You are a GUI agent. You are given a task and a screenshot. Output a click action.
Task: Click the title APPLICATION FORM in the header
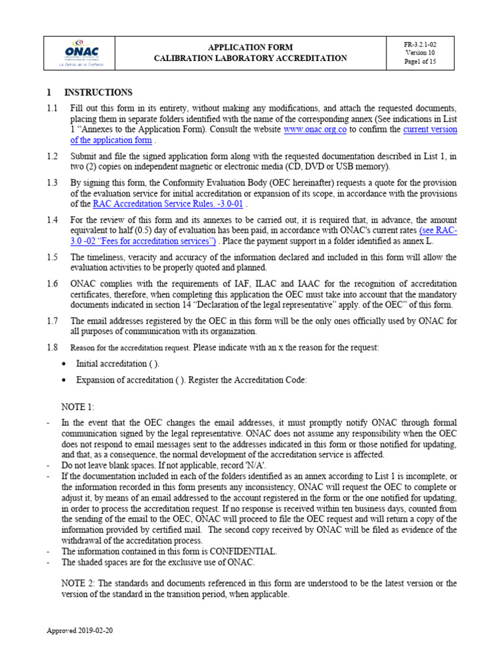[250, 47]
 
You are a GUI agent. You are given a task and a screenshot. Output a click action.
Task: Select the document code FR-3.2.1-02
[420, 43]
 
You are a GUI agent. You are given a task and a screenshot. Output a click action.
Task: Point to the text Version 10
[420, 52]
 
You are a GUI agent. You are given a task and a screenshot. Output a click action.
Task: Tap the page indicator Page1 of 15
[420, 62]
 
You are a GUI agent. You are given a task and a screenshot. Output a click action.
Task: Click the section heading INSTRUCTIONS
[98, 92]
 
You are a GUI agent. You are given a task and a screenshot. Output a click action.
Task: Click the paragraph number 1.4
[52, 220]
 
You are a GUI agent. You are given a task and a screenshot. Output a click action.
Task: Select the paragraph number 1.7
[52, 320]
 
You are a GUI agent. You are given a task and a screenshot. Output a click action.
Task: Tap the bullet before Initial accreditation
[63, 364]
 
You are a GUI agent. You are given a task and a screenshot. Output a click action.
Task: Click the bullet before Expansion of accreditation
[63, 381]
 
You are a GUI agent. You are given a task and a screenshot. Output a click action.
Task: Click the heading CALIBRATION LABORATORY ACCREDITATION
[250, 58]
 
